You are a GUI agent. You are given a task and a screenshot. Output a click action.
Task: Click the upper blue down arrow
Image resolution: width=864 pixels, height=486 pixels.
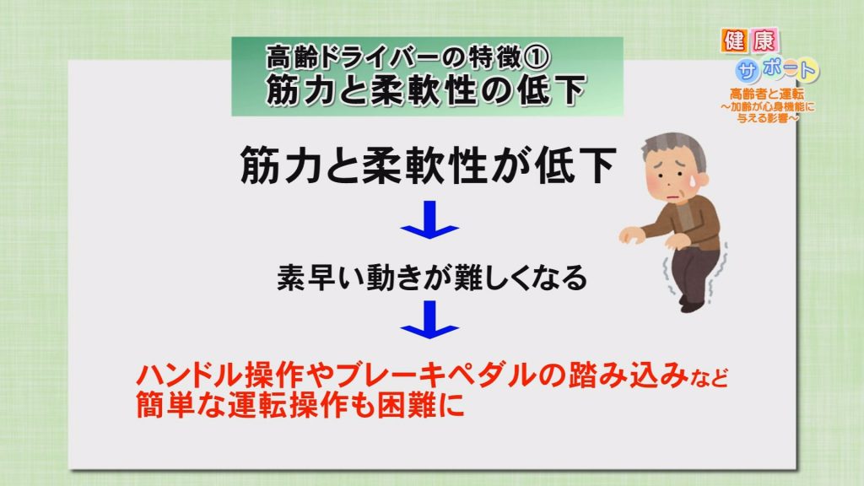429,219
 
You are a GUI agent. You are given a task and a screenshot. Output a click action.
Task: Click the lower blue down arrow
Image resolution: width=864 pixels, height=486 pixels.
429,320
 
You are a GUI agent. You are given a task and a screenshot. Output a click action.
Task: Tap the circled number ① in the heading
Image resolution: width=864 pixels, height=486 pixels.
536,57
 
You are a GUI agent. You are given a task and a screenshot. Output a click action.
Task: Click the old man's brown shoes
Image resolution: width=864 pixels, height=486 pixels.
693,304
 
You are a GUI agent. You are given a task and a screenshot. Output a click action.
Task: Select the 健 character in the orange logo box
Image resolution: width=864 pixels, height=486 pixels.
736,41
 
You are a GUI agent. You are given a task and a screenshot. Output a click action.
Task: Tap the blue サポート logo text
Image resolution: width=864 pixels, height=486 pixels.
778,69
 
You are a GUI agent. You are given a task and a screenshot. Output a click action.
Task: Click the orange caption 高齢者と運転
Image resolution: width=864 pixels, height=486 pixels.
766,94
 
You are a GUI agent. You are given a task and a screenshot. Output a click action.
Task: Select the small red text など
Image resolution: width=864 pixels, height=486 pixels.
709,379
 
